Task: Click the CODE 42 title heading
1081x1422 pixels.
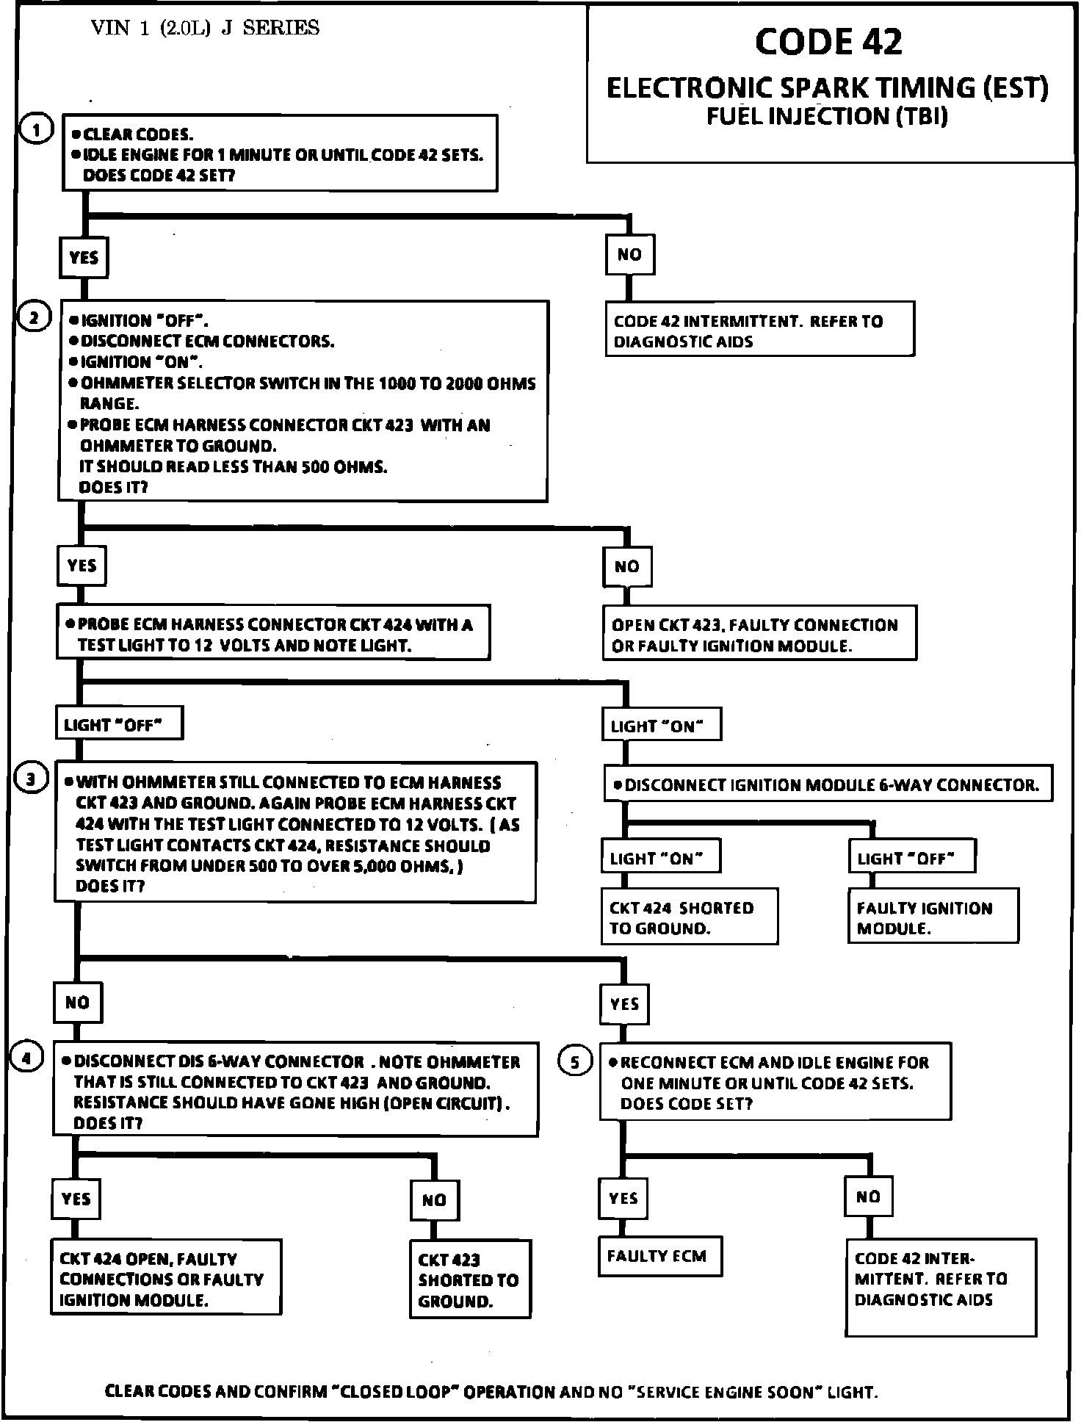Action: pos(828,43)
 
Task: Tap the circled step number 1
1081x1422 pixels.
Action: pos(37,130)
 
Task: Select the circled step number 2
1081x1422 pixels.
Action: pos(34,318)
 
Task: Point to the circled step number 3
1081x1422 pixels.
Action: pos(31,779)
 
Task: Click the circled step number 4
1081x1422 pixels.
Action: pos(26,1058)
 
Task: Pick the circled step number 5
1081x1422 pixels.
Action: pos(575,1061)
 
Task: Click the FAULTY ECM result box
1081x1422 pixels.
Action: pos(659,1255)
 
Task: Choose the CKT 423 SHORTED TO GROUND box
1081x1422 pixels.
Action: pos(469,1280)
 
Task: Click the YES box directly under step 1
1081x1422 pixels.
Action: pos(84,257)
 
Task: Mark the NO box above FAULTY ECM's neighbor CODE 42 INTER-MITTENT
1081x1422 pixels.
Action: pos(868,1197)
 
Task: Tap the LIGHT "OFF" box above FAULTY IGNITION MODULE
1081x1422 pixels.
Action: pos(911,857)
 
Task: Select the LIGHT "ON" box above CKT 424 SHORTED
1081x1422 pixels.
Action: pos(659,857)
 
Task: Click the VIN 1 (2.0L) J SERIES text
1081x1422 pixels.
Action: pos(205,29)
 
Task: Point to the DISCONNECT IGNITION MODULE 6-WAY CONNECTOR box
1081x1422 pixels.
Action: pos(828,784)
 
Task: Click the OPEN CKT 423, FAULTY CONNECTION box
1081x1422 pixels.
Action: pos(759,635)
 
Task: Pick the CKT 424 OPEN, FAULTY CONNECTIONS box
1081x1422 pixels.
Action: pos(166,1279)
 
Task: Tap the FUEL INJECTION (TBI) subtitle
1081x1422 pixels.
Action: pos(827,116)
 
